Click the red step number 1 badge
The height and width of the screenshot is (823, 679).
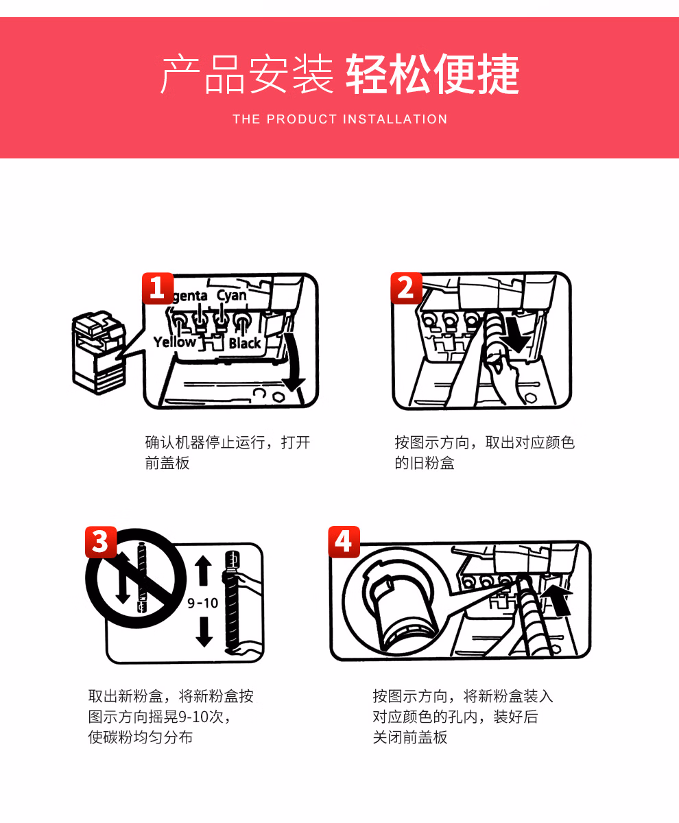(158, 288)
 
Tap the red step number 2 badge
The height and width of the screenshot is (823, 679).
(406, 288)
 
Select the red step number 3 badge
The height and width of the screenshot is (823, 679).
(101, 542)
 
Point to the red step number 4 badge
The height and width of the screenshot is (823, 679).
(344, 542)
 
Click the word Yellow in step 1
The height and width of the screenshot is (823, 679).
(174, 342)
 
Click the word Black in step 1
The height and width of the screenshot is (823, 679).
(245, 343)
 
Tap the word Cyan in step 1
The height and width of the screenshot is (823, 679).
(231, 295)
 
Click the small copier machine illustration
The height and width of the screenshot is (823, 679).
(99, 353)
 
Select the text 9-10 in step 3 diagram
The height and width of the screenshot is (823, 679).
(203, 603)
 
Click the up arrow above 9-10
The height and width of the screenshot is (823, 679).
(204, 570)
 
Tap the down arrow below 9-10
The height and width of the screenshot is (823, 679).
(204, 632)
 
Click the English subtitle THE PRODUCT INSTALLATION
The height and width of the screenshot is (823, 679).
(340, 119)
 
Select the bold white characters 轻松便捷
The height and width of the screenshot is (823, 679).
(433, 73)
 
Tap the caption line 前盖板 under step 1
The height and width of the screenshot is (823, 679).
(167, 463)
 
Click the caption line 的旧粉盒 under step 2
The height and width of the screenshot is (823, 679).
(425, 463)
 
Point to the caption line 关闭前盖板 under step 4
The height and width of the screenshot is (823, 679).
(410, 737)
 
